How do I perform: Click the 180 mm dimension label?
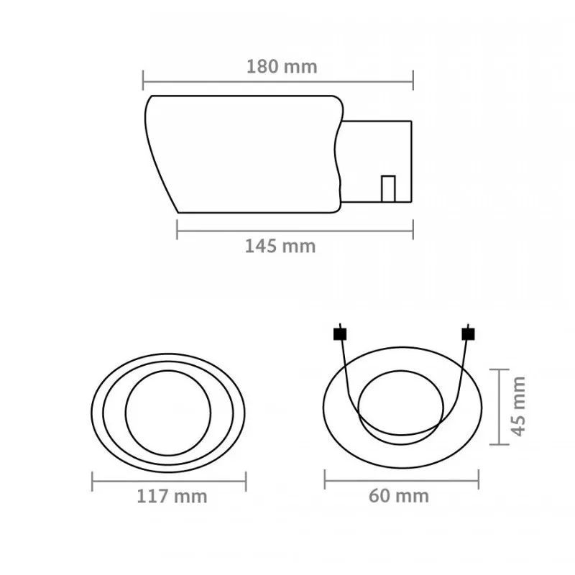tap(282, 67)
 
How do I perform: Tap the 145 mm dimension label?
tap(280, 246)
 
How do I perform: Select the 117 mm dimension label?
tap(172, 497)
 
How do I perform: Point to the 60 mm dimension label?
tap(399, 496)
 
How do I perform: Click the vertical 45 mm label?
tap(518, 406)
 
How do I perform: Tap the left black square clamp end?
tap(340, 334)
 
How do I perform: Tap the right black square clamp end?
tap(469, 334)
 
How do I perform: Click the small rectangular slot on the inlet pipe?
tap(388, 189)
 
